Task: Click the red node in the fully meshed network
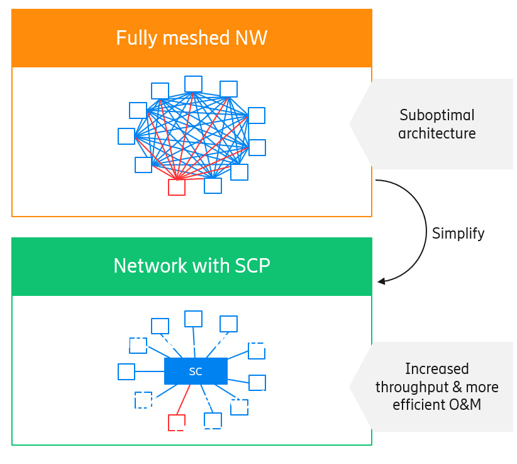177,187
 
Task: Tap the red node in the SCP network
177,422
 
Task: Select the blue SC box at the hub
196,371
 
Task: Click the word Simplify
458,234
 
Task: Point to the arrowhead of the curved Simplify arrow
381,281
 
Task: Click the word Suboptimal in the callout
436,115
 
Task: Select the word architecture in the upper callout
436,133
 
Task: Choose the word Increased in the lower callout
436,368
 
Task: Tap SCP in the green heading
251,266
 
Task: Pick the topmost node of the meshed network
193,84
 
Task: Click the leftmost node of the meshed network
126,136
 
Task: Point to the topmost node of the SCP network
193,319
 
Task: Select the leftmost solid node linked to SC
126,371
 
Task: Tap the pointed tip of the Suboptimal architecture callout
351,124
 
